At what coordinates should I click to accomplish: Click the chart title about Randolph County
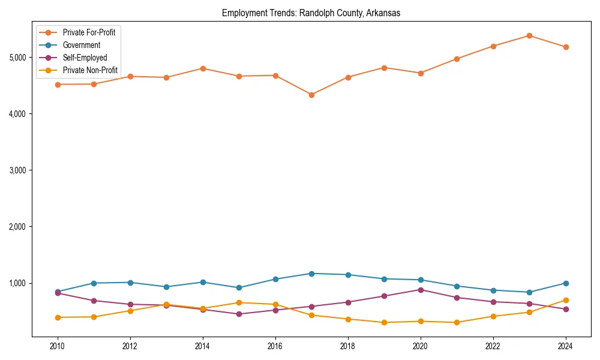(x=311, y=13)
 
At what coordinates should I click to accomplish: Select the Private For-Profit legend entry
(x=89, y=32)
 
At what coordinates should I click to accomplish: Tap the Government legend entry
(x=81, y=45)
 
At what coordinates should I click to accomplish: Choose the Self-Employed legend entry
(x=85, y=58)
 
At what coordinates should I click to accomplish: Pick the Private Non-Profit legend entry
(x=90, y=70)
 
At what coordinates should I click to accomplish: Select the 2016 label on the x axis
(x=275, y=346)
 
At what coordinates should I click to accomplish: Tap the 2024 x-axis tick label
(x=565, y=346)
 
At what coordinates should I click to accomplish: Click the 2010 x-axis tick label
(x=58, y=346)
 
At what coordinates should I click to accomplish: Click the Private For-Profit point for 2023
(x=529, y=35)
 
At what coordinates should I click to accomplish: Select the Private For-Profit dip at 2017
(x=311, y=95)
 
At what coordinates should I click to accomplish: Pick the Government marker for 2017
(x=311, y=274)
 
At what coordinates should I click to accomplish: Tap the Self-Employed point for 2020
(x=421, y=290)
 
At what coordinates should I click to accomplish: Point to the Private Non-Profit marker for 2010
(x=58, y=317)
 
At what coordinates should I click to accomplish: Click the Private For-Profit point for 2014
(x=203, y=68)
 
